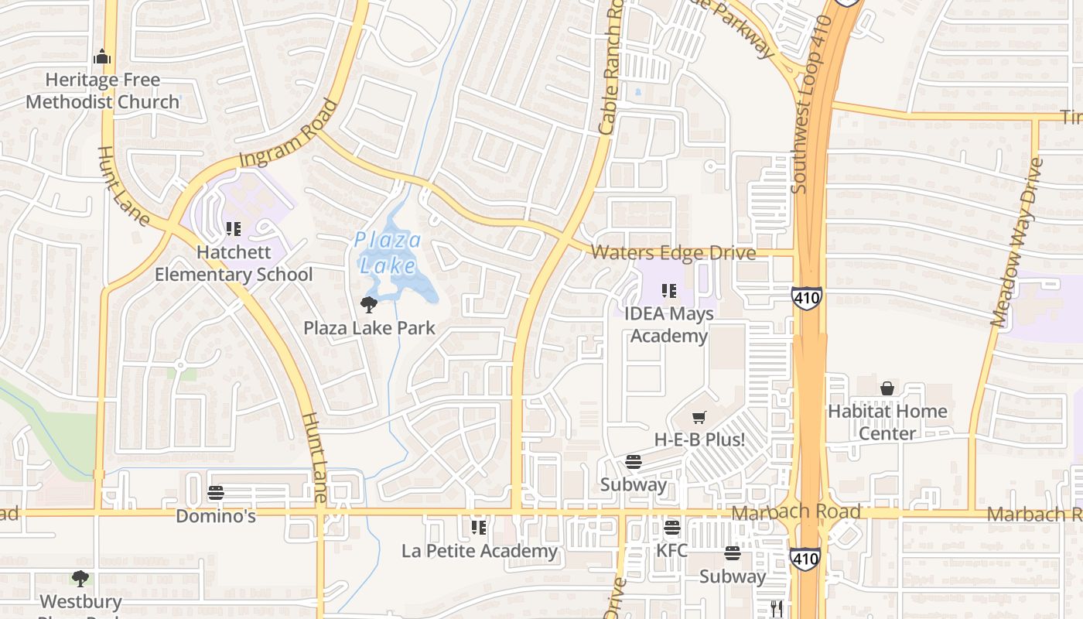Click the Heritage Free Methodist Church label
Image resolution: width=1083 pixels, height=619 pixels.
[x=102, y=91]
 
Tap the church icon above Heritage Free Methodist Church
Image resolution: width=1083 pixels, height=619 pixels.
[x=102, y=57]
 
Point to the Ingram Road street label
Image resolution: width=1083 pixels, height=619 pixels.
[x=289, y=133]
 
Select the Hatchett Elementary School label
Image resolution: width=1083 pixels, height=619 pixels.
[x=234, y=263]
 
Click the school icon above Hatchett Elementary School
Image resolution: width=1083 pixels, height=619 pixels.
[x=233, y=229]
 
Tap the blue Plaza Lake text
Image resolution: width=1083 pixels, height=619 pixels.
[x=388, y=252]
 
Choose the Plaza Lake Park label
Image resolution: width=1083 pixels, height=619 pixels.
[x=369, y=328]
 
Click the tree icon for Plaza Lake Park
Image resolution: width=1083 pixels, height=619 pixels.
[x=369, y=305]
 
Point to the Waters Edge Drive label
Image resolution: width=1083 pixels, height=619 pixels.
[x=673, y=253]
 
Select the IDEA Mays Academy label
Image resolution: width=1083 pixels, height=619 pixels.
[x=669, y=325]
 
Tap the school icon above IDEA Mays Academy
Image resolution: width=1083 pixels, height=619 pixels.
[x=669, y=291]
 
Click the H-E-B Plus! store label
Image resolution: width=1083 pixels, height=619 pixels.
[x=699, y=439]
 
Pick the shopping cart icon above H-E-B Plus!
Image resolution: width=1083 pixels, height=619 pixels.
[x=699, y=418]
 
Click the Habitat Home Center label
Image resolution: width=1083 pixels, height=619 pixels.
[x=887, y=422]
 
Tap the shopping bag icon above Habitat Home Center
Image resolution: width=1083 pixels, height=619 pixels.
[x=887, y=388]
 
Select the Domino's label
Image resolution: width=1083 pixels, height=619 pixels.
[x=216, y=516]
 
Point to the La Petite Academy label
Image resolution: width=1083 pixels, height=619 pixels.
[x=479, y=551]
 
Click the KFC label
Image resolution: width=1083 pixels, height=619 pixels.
[x=671, y=551]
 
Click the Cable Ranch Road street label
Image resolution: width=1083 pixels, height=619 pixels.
[x=611, y=70]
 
